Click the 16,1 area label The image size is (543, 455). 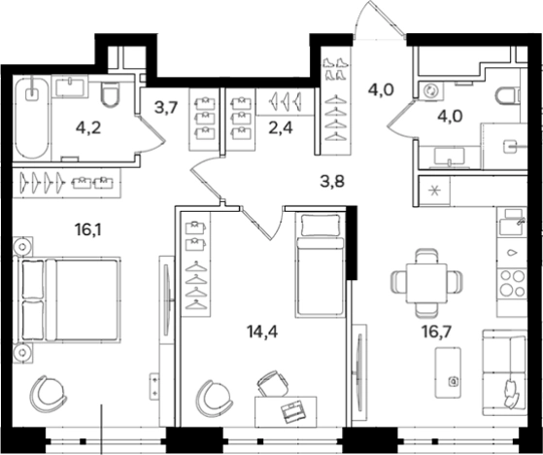pos(88,229)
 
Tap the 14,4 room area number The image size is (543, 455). pos(262,332)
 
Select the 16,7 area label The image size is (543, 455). pos(436,332)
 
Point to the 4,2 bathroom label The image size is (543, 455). pos(88,128)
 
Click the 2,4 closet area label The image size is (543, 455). pos(281,128)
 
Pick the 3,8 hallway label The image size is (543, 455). pos(332,181)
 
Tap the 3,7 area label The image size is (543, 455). pos(166,108)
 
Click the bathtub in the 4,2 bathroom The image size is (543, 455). pos(32,118)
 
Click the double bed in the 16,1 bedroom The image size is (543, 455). pos(67,299)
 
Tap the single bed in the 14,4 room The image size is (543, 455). pos(320,265)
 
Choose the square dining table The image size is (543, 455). pos(426,283)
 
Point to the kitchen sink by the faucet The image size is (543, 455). pos(511,227)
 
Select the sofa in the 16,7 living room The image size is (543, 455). pos(504,372)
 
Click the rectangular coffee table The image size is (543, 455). pos(448,372)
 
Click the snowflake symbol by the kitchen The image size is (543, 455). pos(434,191)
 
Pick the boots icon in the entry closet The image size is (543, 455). pos(335,69)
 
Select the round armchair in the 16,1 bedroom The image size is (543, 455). pos(47,394)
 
